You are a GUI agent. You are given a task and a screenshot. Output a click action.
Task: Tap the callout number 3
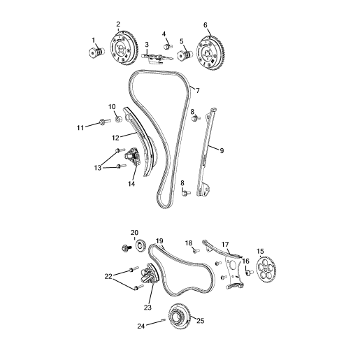click(147, 45)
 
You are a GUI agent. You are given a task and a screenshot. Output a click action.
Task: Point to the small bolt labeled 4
click(168, 45)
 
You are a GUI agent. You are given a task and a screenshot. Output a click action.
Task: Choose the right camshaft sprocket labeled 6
click(209, 52)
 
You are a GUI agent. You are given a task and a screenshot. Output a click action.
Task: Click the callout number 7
click(197, 91)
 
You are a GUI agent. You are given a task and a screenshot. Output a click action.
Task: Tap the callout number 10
click(111, 106)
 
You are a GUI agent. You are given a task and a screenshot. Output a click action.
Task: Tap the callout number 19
click(159, 240)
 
